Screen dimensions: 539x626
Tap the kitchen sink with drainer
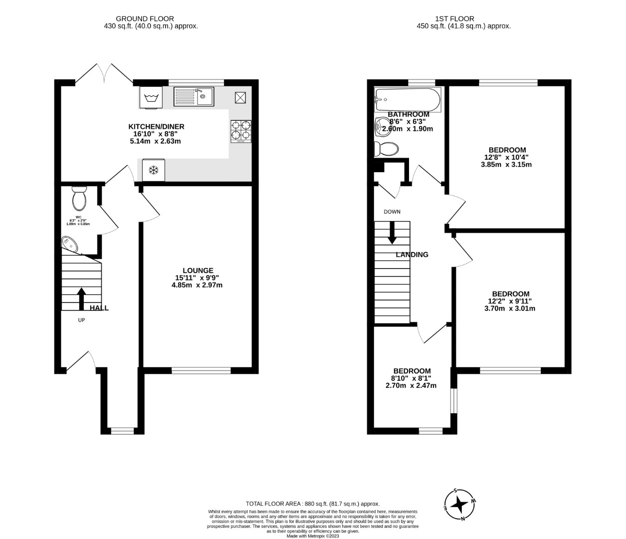pyautogui.click(x=194, y=96)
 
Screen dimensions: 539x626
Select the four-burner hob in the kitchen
pyautogui.click(x=240, y=132)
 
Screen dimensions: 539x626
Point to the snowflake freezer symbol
pyautogui.click(x=154, y=171)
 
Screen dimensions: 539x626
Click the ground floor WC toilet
pyautogui.click(x=79, y=198)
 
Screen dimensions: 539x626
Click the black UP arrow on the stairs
pyautogui.click(x=81, y=298)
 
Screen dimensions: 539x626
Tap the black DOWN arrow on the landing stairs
pyautogui.click(x=392, y=232)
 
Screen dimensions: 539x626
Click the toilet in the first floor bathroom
pyautogui.click(x=387, y=148)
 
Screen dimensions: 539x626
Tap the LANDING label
pyautogui.click(x=412, y=255)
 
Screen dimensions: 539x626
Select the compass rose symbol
pyautogui.click(x=459, y=505)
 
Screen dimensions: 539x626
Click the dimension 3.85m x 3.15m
pyautogui.click(x=507, y=164)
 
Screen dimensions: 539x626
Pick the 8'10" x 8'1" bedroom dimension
pyautogui.click(x=412, y=378)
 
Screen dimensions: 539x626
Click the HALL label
pyautogui.click(x=99, y=308)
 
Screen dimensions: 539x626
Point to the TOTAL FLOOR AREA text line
pyautogui.click(x=313, y=504)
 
